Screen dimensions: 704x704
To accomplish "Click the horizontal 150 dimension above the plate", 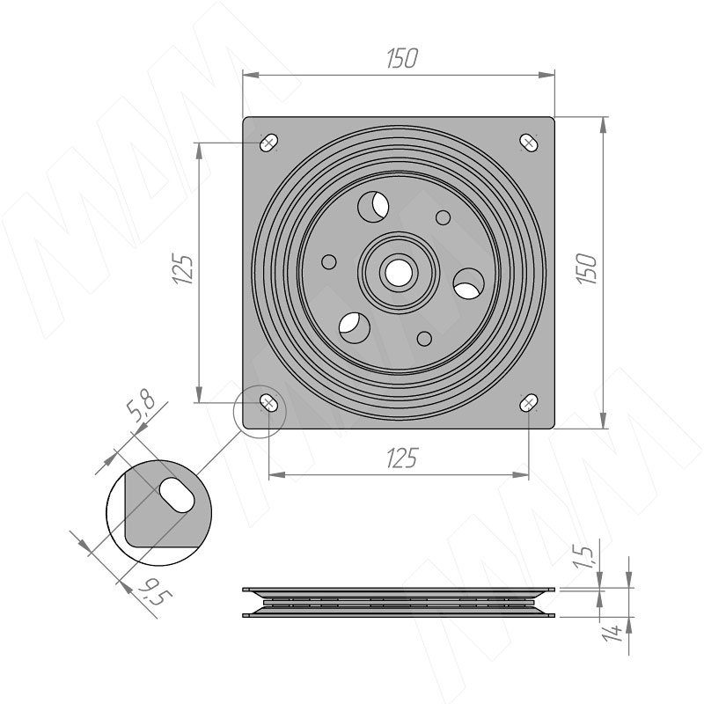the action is tap(402, 58).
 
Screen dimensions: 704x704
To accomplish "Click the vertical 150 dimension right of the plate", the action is tap(587, 268).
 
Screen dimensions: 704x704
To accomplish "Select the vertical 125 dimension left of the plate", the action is tap(183, 269).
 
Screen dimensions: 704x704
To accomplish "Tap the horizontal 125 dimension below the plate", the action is tap(402, 458).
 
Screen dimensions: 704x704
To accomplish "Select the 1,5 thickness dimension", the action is tap(586, 558).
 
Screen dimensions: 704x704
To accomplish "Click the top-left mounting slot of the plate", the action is tap(269, 143).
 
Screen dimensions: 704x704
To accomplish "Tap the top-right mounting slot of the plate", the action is tap(529, 143).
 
